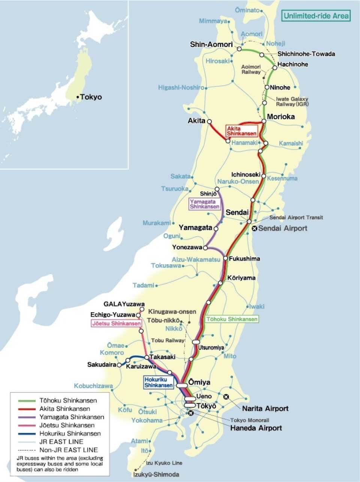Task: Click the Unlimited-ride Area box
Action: click(316, 16)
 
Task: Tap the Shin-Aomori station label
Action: click(211, 45)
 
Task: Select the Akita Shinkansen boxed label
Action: click(242, 131)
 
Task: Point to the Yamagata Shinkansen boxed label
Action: click(204, 204)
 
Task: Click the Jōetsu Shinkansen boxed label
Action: click(117, 323)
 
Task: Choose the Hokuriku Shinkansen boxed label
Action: click(159, 382)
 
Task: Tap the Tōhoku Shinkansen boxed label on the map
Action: click(232, 319)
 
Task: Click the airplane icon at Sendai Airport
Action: click(255, 228)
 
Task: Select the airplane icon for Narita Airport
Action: click(226, 397)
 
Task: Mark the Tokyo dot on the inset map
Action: click(78, 97)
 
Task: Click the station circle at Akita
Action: click(209, 121)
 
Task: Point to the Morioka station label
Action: click(280, 117)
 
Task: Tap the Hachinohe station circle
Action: click(274, 67)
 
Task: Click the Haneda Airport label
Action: click(256, 428)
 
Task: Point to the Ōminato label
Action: click(247, 10)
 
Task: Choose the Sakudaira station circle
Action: click(119, 364)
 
